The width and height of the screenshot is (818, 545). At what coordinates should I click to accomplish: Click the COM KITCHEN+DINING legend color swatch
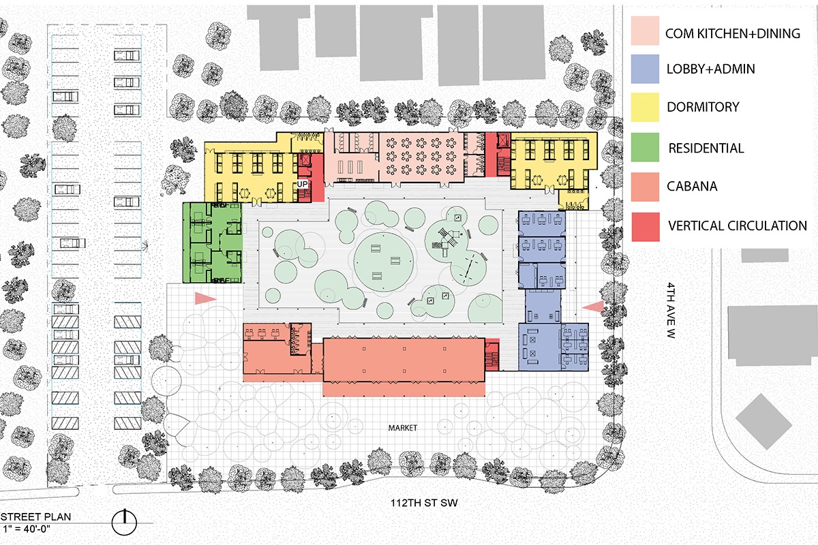click(x=645, y=32)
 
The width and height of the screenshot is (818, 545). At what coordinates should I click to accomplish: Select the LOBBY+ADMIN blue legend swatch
click(x=645, y=69)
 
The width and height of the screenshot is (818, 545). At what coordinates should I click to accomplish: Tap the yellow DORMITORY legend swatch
click(x=645, y=107)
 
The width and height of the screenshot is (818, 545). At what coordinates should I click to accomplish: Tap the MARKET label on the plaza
click(x=403, y=428)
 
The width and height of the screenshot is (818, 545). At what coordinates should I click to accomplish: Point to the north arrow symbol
click(x=124, y=521)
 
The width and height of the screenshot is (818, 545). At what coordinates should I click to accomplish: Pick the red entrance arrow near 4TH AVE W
click(x=593, y=307)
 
